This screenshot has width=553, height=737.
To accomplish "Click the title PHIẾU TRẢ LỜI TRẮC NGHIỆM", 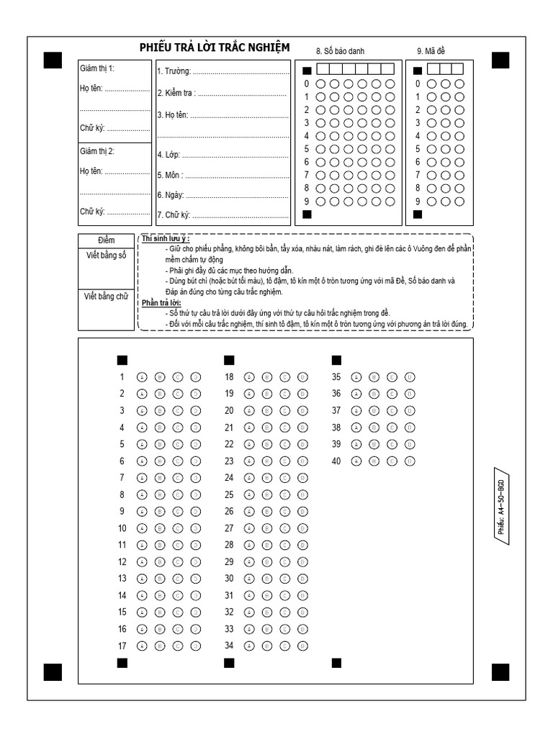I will coord(215,48).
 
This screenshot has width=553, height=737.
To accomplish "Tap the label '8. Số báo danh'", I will coord(340,51).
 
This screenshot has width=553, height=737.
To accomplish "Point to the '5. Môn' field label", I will coord(170,175).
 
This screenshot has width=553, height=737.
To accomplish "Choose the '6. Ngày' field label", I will coord(171,195).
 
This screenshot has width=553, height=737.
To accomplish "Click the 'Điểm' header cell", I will coord(106,240).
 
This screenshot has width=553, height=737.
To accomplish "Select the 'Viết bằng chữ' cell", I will coord(106,296).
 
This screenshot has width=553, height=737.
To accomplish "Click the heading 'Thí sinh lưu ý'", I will coord(165,238).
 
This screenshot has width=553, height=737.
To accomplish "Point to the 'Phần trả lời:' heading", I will coord(162,303).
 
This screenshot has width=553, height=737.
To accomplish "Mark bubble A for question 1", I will coord(142,377).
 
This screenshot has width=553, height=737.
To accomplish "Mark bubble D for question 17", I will coord(196,646).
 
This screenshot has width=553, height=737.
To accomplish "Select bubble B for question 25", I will coord(266,495).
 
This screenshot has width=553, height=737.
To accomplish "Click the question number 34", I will coord(229,646).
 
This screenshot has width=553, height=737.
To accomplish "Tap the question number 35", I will coord(336,377).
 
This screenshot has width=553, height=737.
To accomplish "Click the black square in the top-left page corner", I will coord(53,60).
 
